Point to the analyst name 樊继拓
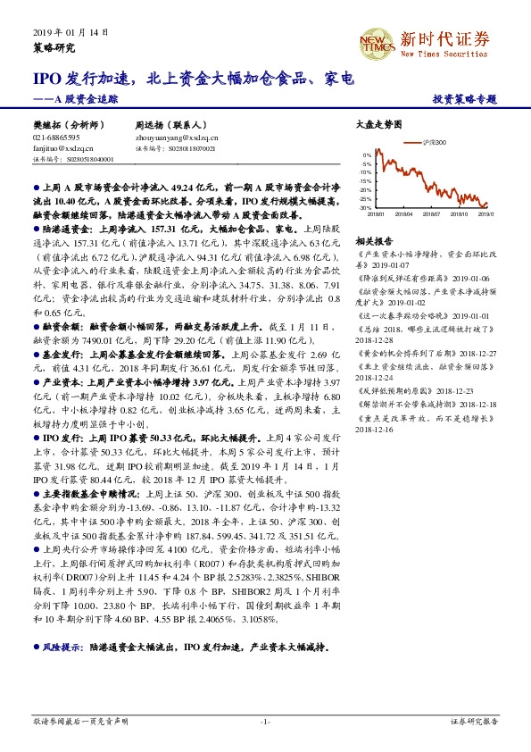click(46, 127)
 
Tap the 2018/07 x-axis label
click(430, 214)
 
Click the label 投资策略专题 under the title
click(464, 99)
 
